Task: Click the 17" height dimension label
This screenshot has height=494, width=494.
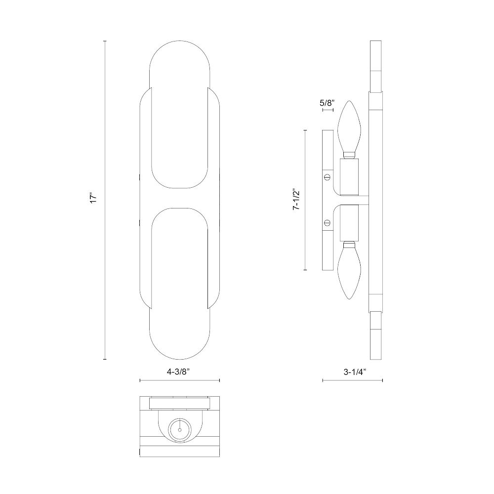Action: (x=93, y=198)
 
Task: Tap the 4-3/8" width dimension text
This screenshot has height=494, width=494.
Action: (x=180, y=372)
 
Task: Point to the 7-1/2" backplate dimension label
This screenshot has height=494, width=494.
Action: (x=295, y=200)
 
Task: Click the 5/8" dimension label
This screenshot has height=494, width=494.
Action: (x=327, y=103)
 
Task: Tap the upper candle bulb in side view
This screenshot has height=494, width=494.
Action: (x=349, y=129)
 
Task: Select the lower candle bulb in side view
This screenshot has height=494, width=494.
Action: (x=349, y=270)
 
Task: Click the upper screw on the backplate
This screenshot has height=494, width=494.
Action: (x=327, y=177)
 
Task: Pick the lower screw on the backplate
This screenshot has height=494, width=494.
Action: (x=327, y=223)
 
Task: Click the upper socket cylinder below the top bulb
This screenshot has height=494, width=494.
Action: (x=349, y=177)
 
